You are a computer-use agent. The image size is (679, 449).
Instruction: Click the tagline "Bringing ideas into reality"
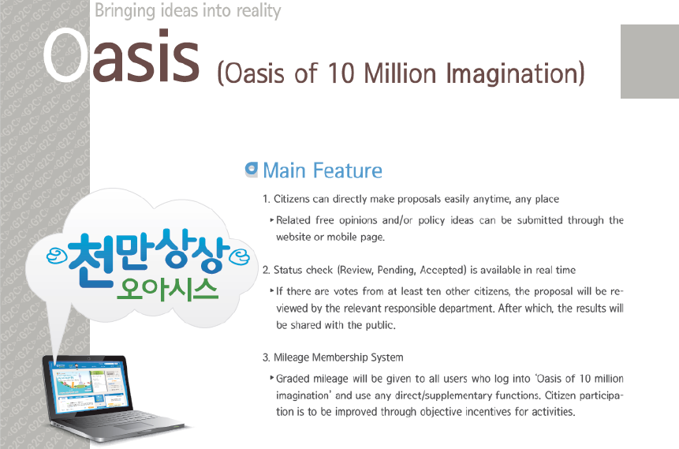click(x=188, y=11)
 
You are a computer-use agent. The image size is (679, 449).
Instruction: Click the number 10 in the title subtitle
click(x=341, y=73)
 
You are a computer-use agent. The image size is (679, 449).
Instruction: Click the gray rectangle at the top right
click(x=650, y=62)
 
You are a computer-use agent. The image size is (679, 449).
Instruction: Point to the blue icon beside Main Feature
click(x=251, y=170)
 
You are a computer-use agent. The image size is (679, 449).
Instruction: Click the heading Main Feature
click(x=323, y=170)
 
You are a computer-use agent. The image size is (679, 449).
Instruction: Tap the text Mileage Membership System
click(x=338, y=357)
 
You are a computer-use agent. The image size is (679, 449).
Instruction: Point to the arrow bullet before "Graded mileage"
click(x=272, y=378)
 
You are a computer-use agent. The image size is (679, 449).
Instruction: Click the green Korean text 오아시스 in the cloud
click(x=167, y=289)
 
